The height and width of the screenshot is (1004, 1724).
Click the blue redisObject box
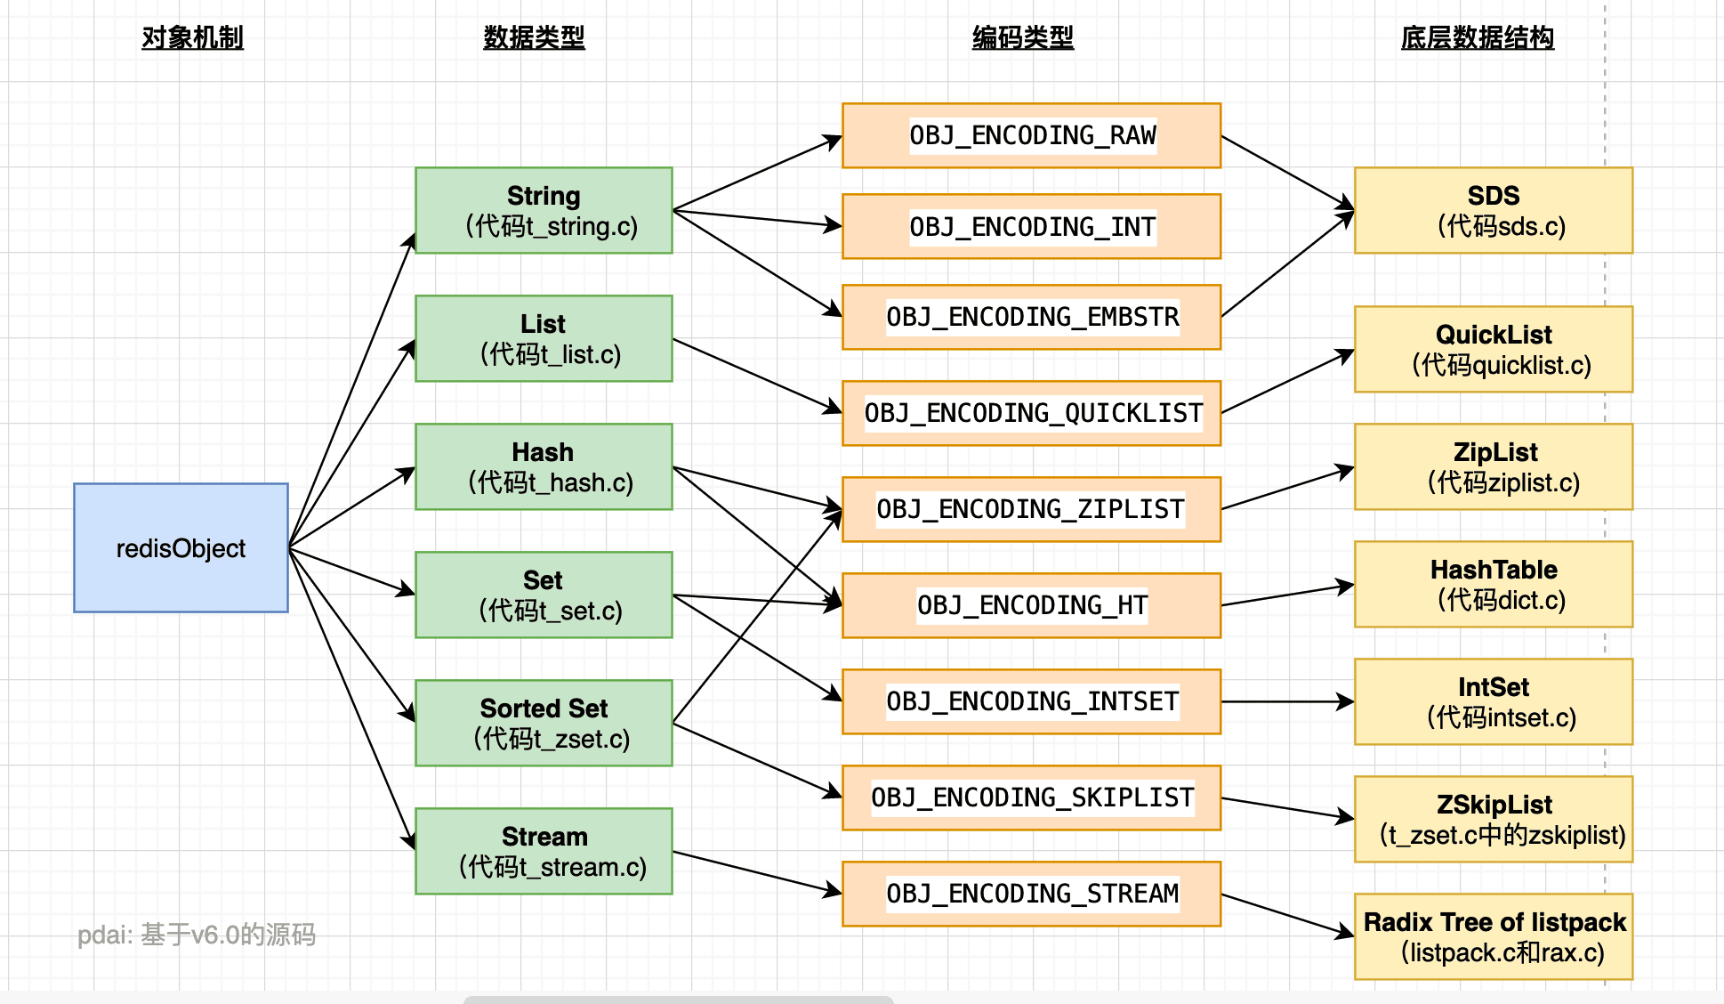pos(181,547)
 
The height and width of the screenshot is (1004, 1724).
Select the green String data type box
pos(544,210)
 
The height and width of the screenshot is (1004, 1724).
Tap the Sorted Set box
pos(544,723)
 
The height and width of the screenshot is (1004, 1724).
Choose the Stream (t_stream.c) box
pos(544,851)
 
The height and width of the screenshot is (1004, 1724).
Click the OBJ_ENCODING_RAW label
pos(1032,135)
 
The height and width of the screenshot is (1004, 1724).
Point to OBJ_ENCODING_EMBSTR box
pos(1032,317)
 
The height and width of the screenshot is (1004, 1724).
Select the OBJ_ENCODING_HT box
pos(1032,605)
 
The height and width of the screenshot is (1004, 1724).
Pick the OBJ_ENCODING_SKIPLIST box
pos(1032,798)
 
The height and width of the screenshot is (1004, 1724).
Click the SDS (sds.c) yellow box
pos(1494,210)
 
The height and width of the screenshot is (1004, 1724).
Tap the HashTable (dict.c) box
pos(1494,584)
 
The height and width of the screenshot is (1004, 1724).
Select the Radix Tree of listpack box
pos(1494,936)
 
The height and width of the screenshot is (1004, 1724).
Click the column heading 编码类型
pos(1023,37)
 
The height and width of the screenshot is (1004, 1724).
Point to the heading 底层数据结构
pos(1477,37)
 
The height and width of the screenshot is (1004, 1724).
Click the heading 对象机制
pos(192,37)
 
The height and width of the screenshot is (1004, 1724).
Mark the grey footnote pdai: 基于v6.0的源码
pos(197,935)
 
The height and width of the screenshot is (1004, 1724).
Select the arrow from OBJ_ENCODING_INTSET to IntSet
pos(1286,701)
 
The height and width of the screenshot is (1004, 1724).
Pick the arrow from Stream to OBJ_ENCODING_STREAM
pos(756,871)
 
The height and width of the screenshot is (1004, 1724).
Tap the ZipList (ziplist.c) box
pos(1494,466)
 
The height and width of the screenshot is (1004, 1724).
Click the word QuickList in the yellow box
pos(1494,335)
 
